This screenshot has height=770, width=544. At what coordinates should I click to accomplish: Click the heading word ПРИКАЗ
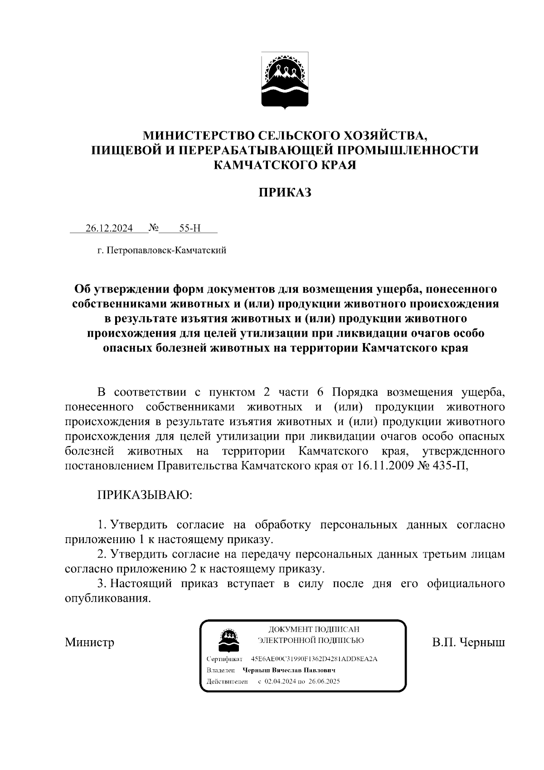click(285, 193)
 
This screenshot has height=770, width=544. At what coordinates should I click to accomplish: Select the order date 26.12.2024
click(109, 228)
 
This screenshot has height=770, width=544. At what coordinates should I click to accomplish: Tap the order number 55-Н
click(189, 228)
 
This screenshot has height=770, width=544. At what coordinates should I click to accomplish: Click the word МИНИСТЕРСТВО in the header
click(199, 135)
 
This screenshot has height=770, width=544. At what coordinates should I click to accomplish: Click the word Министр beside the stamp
click(90, 642)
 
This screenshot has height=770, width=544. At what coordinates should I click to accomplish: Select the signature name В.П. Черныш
click(468, 642)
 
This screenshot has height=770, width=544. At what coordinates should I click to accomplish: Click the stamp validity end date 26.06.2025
click(325, 682)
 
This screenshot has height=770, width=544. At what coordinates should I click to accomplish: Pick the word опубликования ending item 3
click(107, 598)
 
